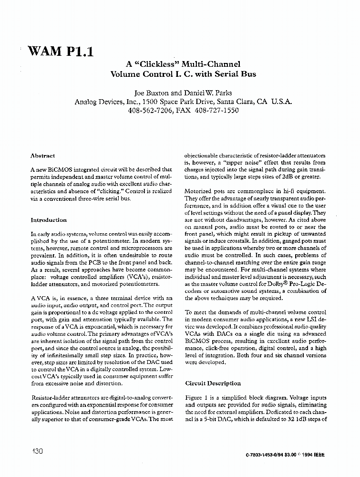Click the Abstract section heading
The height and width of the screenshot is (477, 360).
click(x=42, y=156)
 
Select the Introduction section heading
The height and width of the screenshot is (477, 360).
click(x=49, y=220)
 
